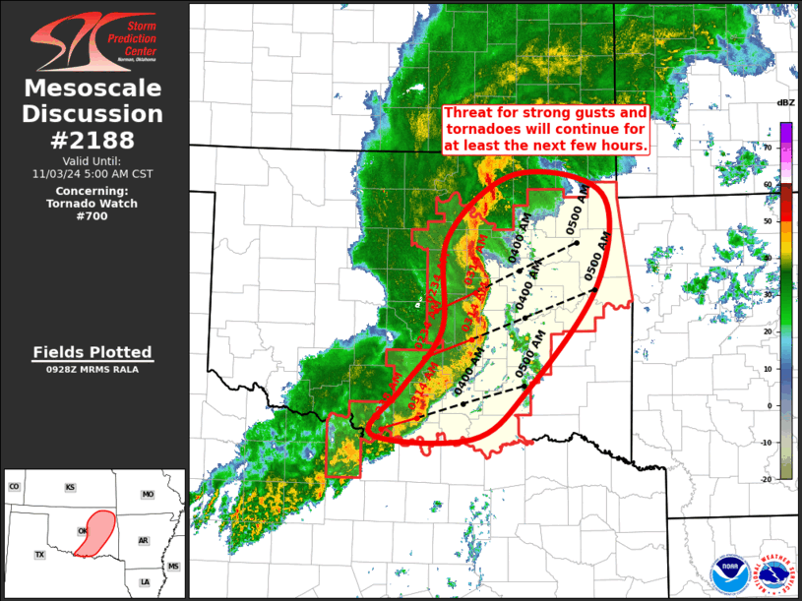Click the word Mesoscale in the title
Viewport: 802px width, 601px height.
coord(93,89)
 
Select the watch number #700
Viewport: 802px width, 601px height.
coord(93,216)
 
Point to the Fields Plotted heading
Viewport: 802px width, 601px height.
coord(93,352)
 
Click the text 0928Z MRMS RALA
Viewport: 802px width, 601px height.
coord(93,370)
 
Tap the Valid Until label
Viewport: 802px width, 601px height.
coord(93,160)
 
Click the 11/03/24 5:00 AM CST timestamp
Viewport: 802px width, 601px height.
coord(93,173)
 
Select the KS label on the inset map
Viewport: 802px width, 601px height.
coord(71,487)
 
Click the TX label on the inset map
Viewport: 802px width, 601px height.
coord(40,555)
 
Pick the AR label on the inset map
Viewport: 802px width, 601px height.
coord(143,541)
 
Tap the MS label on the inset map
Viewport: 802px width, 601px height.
coord(173,567)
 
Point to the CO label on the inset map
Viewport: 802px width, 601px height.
coord(14,487)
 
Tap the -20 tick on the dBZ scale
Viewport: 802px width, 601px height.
coord(768,478)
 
